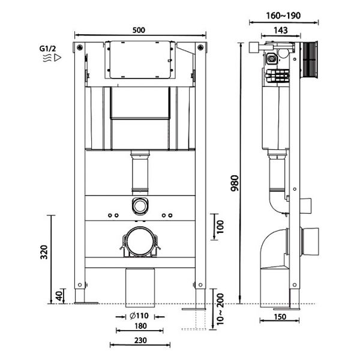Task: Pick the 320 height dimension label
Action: (x=44, y=251)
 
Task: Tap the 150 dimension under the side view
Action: (x=278, y=317)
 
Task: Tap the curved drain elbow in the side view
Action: (x=275, y=249)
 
